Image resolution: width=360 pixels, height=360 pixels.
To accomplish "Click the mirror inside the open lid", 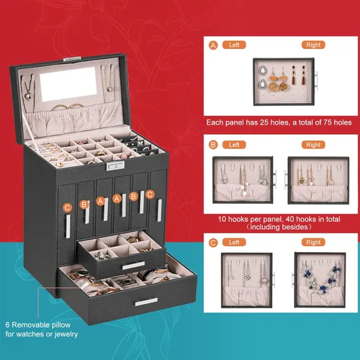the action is pyautogui.click(x=68, y=84).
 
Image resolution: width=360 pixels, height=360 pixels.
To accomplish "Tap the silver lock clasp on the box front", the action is pyautogui.click(x=115, y=166).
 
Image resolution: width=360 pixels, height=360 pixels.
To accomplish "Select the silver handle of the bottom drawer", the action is pyautogui.click(x=146, y=302).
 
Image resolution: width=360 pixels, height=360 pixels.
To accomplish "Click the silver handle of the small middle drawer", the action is pyautogui.click(x=133, y=266).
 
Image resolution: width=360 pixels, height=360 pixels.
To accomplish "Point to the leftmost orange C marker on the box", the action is pyautogui.click(x=68, y=207).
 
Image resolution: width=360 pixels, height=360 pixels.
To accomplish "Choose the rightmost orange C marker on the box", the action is pyautogui.click(x=150, y=194).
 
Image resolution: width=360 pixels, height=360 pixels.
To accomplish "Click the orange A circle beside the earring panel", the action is pyautogui.click(x=213, y=45).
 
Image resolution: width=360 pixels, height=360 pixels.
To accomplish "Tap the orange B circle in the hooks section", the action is pyautogui.click(x=213, y=145).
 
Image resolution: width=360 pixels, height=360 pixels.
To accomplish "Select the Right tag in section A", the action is pyautogui.click(x=313, y=45).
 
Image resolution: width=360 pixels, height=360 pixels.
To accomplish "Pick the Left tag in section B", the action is pyautogui.click(x=234, y=145).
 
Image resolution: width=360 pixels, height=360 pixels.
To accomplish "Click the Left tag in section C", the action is pyautogui.click(x=234, y=242).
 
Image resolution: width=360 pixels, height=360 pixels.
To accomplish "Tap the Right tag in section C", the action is pyautogui.click(x=313, y=242).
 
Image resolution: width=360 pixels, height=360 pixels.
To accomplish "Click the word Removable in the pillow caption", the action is pyautogui.click(x=27, y=325).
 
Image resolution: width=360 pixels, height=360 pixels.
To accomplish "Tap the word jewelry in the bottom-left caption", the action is pyautogui.click(x=66, y=334).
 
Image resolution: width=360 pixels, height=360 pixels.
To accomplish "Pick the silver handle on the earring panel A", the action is pyautogui.click(x=317, y=81).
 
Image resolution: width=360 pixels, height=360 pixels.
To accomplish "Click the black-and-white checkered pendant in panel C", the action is pyautogui.click(x=247, y=277).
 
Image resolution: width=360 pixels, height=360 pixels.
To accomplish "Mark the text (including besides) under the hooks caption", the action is pyautogui.click(x=279, y=227).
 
